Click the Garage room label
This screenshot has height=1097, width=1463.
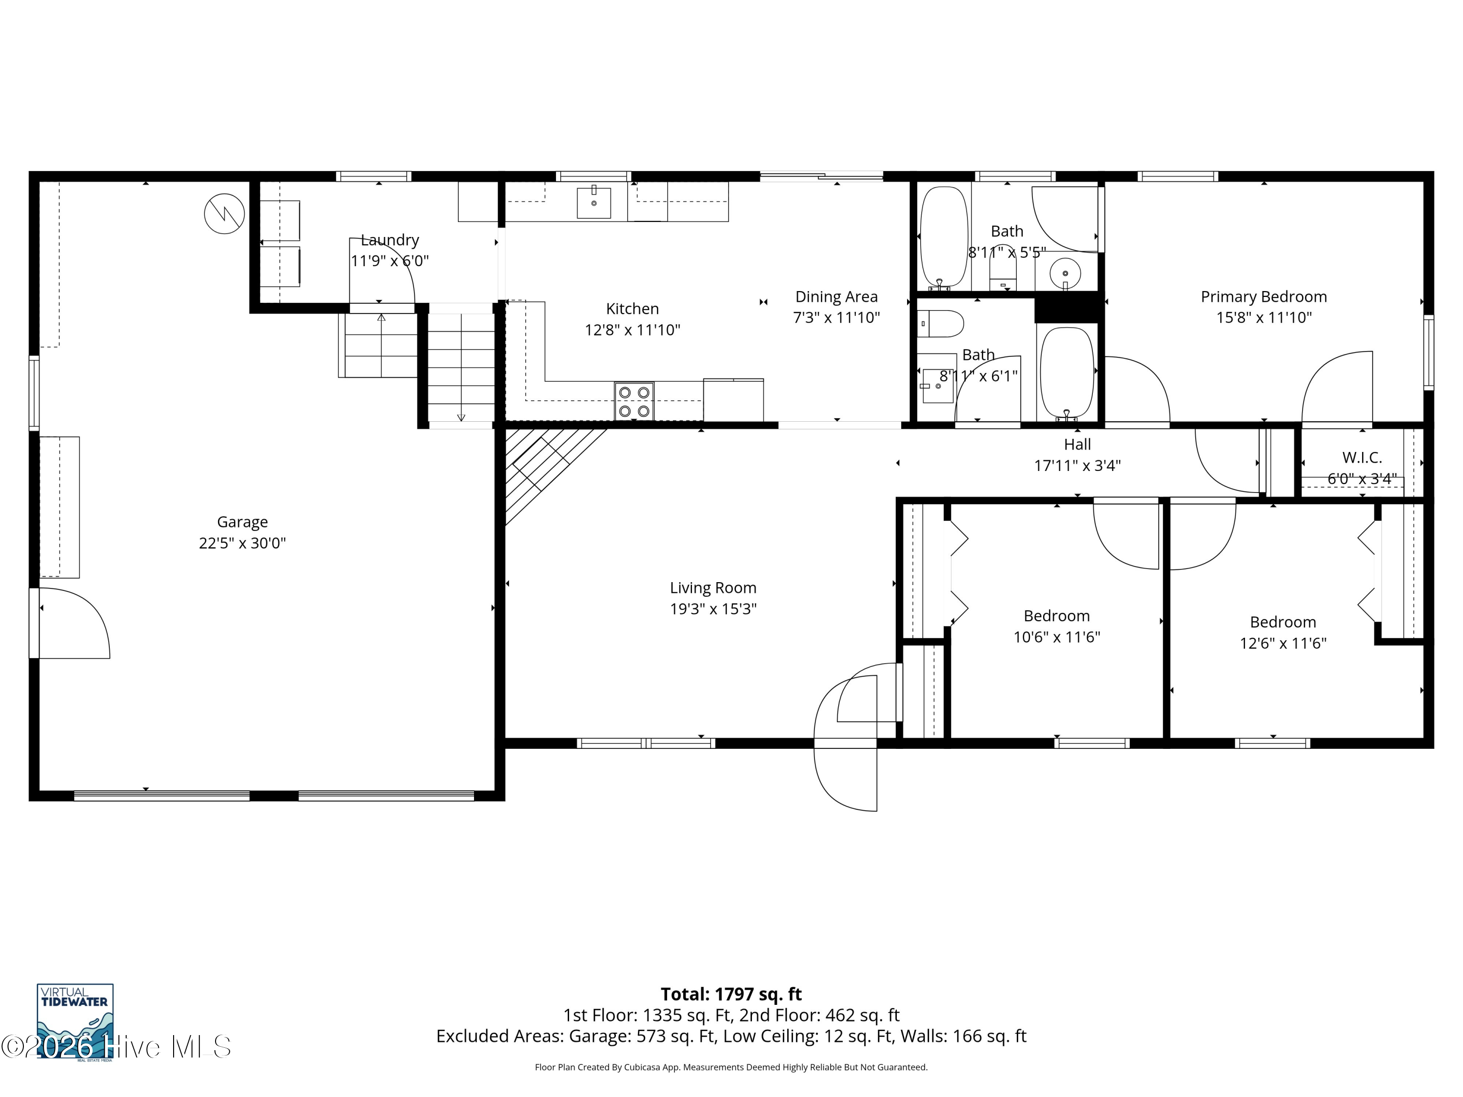[242, 522]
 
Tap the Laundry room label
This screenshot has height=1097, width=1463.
[390, 240]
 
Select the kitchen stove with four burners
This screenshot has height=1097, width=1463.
[633, 401]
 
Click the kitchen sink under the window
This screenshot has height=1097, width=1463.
[594, 202]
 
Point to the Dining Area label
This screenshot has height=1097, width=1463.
[836, 297]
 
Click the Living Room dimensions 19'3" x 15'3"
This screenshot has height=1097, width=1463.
[713, 609]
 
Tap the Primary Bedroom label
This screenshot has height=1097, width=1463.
[1263, 297]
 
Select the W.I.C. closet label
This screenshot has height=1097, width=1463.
[1362, 458]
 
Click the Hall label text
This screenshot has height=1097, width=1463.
[1077, 444]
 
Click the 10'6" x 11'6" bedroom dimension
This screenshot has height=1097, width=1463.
[1056, 637]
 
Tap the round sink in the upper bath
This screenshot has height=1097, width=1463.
[1065, 273]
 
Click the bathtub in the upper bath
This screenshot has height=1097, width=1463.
[945, 238]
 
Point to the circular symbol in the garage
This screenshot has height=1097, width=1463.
[224, 214]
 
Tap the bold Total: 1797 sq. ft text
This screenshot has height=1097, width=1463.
[731, 995]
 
